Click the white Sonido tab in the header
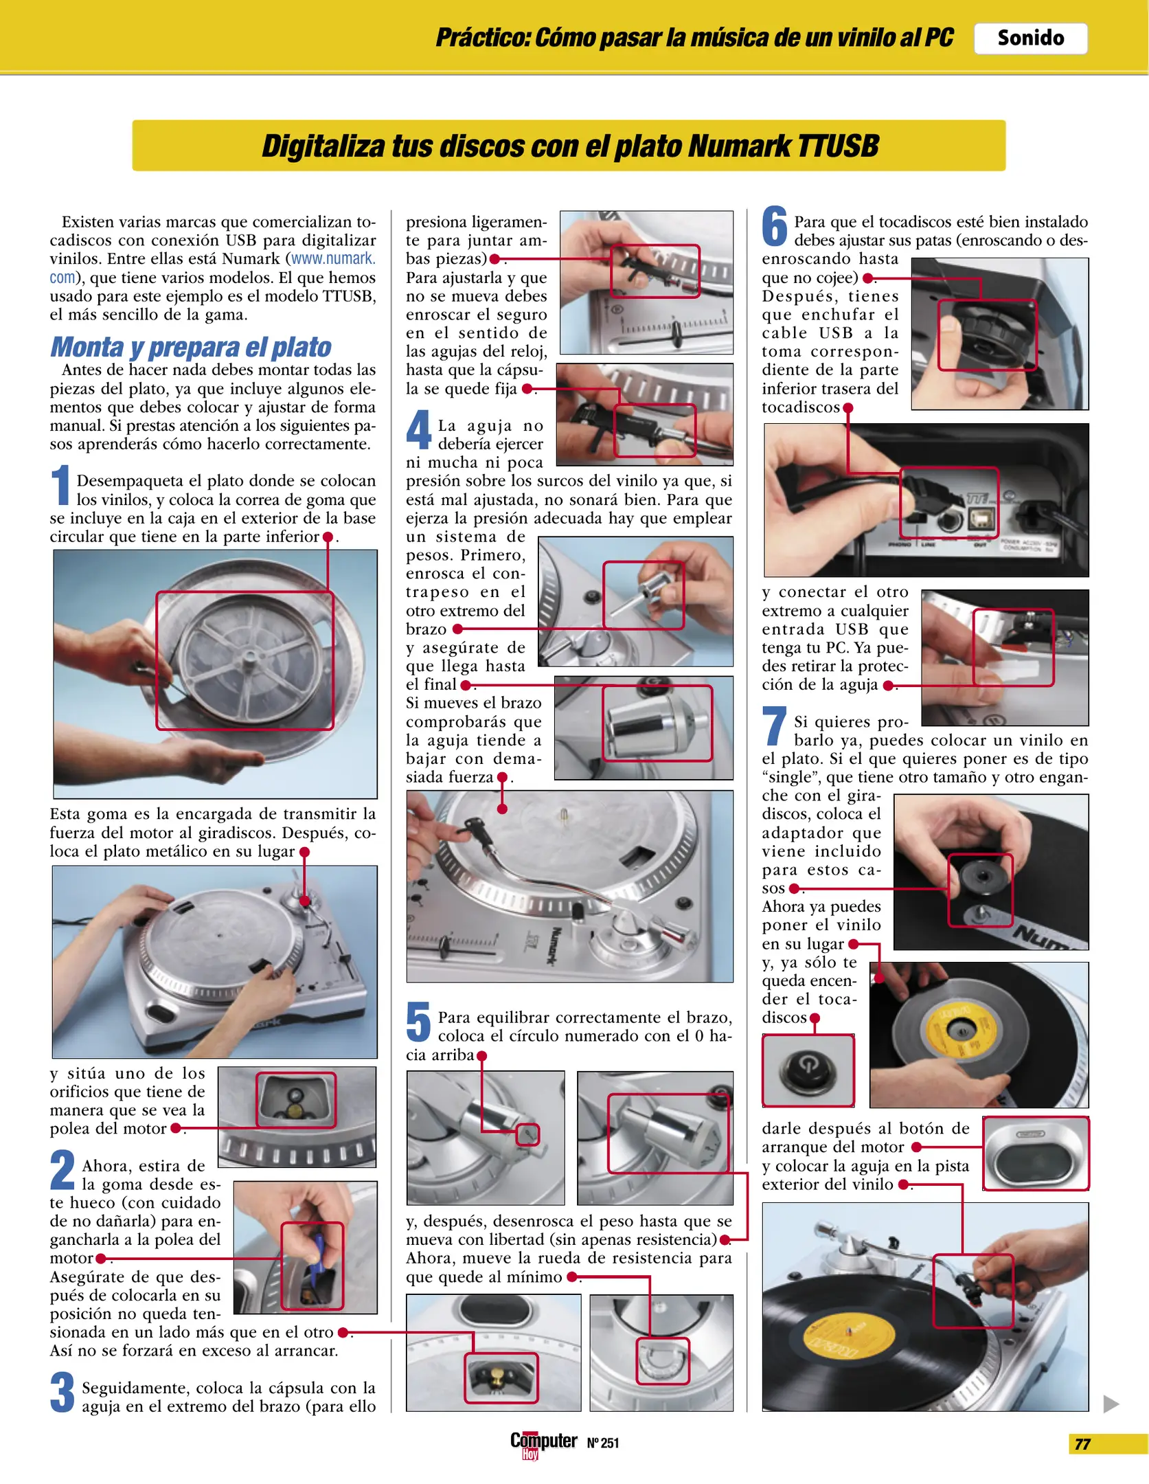[1030, 38]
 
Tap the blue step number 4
[418, 429]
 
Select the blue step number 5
[418, 1021]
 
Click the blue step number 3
[62, 1392]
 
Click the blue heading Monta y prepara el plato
[190, 347]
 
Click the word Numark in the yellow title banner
[738, 146]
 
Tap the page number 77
[1082, 1445]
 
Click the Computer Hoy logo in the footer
[543, 1445]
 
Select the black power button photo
[808, 1070]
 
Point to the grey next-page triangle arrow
[1111, 1404]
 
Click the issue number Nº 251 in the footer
[603, 1443]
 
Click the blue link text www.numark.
[333, 259]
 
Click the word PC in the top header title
[938, 37]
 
